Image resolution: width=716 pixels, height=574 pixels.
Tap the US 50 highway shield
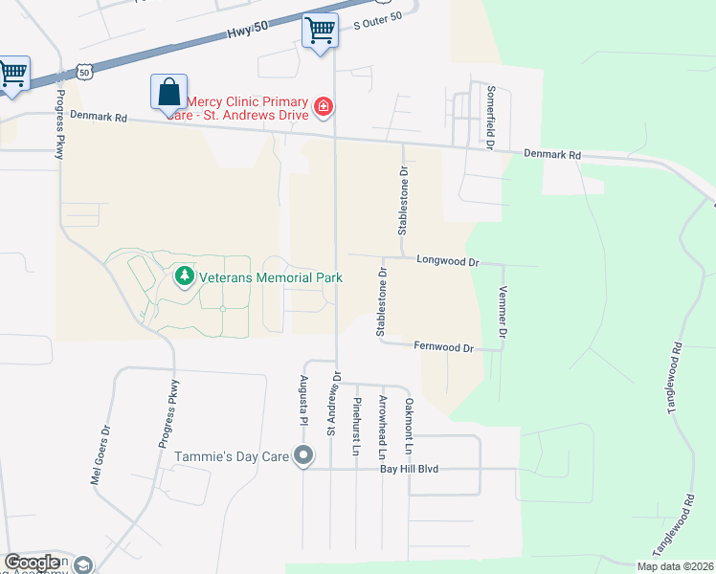tap(86, 72)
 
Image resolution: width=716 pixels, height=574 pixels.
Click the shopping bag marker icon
tap(168, 93)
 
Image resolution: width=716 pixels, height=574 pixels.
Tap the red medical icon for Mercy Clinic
tap(324, 105)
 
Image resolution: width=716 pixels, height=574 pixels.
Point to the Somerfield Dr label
tap(490, 117)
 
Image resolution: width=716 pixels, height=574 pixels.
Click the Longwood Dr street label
tap(446, 260)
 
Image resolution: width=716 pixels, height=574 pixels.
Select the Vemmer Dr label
tap(502, 315)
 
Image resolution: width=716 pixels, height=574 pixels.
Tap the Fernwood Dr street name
tap(443, 347)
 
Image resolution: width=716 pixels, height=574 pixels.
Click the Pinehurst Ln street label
tap(356, 426)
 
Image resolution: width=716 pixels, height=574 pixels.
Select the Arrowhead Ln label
tap(382, 426)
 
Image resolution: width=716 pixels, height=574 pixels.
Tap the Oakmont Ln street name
tap(408, 426)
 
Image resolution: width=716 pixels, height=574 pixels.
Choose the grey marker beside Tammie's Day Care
tap(303, 455)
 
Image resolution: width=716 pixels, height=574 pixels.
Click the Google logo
tap(32, 563)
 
